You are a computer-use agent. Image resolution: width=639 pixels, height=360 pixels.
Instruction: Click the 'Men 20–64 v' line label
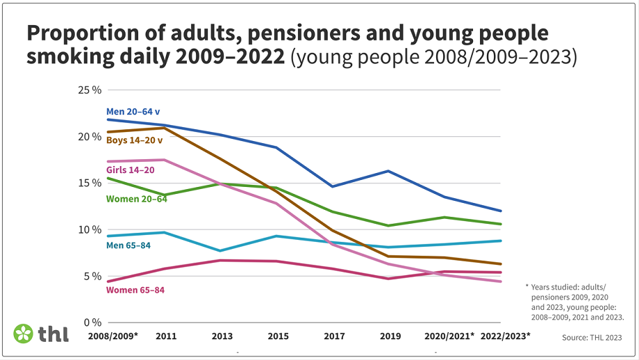133,111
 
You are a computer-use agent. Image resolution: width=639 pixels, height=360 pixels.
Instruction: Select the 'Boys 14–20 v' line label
134,140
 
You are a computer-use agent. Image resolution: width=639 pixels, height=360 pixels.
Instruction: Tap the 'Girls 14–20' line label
129,170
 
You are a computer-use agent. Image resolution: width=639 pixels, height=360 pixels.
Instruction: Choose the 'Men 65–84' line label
128,245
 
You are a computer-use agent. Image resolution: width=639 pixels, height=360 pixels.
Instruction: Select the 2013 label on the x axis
222,336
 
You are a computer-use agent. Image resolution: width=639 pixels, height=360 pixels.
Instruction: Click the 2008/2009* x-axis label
113,336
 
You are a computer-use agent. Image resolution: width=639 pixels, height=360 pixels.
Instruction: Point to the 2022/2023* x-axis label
505,336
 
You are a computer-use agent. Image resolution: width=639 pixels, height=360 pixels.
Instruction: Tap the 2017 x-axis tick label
334,336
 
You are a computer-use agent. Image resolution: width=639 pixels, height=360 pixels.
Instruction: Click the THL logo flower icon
24,334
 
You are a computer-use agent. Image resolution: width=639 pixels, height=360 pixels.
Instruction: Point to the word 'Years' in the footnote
543,286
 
